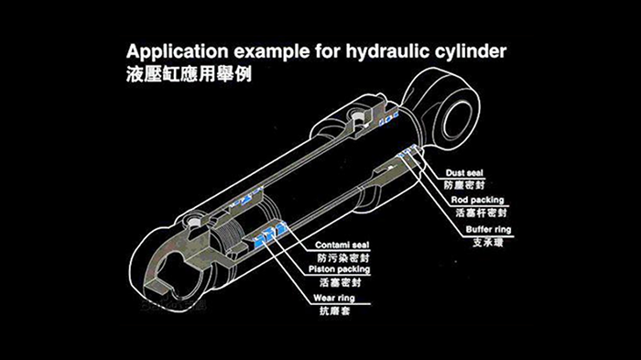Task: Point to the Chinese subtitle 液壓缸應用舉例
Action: pos(189,74)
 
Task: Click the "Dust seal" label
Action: pos(464,173)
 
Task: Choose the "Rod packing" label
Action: pos(477,200)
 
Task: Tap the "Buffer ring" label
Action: pos(488,230)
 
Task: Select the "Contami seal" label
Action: pos(342,245)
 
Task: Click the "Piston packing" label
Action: pos(340,269)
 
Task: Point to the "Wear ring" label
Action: pos(334,298)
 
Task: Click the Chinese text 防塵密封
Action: pos(464,185)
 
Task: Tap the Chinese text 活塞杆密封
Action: pos(481,213)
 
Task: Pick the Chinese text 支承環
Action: pos(488,242)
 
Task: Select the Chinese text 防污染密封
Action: pos(343,257)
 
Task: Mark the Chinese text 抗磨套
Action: pos(335,311)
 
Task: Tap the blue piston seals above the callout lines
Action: pos(268,235)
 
